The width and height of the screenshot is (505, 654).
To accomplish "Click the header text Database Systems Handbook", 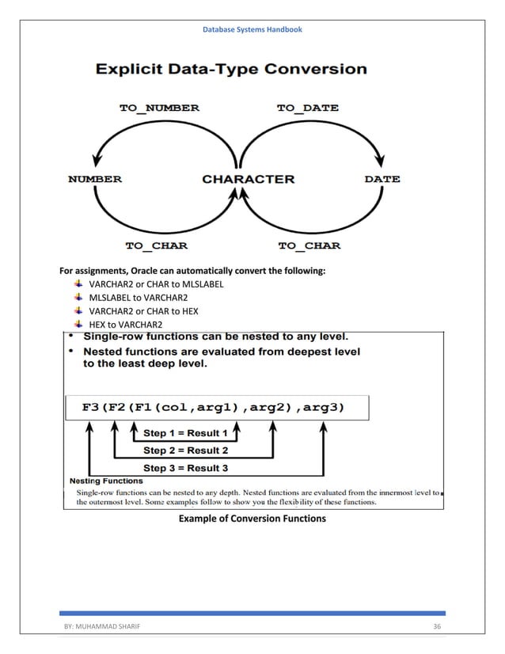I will pos(252,29).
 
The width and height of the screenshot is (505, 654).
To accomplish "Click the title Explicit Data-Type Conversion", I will pos(231,69).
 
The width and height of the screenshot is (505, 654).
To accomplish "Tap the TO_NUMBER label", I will pos(159,108).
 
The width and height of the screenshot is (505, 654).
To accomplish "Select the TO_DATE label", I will pos(307,108).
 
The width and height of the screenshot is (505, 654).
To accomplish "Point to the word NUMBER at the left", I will pos(95,179).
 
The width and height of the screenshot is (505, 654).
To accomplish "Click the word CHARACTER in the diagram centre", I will pos(248,179).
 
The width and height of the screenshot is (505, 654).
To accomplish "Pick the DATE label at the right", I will pos(382,179).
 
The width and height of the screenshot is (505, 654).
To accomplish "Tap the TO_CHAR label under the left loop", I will pos(157,245).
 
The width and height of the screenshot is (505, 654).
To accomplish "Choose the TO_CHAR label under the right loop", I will pos(309,245).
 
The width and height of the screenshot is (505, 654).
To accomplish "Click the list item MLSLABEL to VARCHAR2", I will pos(138,298).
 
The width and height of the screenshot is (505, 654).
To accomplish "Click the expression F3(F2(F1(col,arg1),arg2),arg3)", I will pos(214,407).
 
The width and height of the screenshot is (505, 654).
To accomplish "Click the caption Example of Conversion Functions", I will pos(252,519).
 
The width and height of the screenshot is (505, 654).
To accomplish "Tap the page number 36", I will pos(436,627).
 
